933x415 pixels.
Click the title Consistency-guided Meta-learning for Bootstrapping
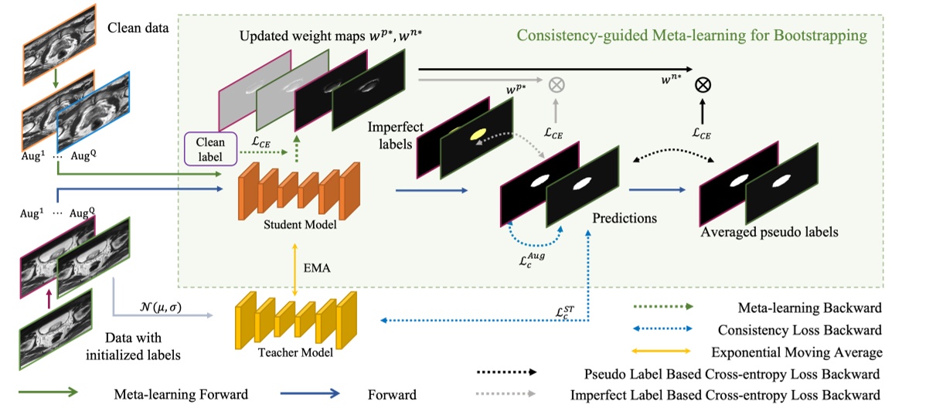691,36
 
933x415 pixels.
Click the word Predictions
624,218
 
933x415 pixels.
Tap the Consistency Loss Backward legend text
800,330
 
